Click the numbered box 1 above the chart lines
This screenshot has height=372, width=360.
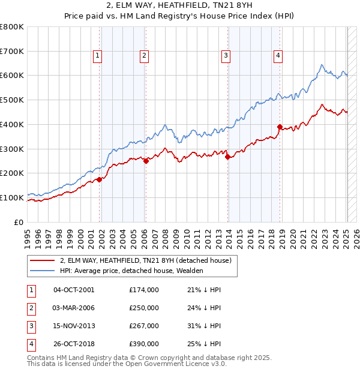point(97,56)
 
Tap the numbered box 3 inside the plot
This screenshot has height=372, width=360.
point(226,56)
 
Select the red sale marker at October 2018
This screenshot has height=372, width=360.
point(280,127)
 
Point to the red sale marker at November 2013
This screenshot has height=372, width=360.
point(227,157)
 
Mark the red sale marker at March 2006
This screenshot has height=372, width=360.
point(146,161)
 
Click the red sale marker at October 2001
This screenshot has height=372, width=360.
point(99,179)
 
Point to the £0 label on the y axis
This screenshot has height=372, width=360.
point(19,222)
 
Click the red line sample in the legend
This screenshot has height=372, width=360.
point(42,260)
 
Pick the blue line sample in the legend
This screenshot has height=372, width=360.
point(42,271)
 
